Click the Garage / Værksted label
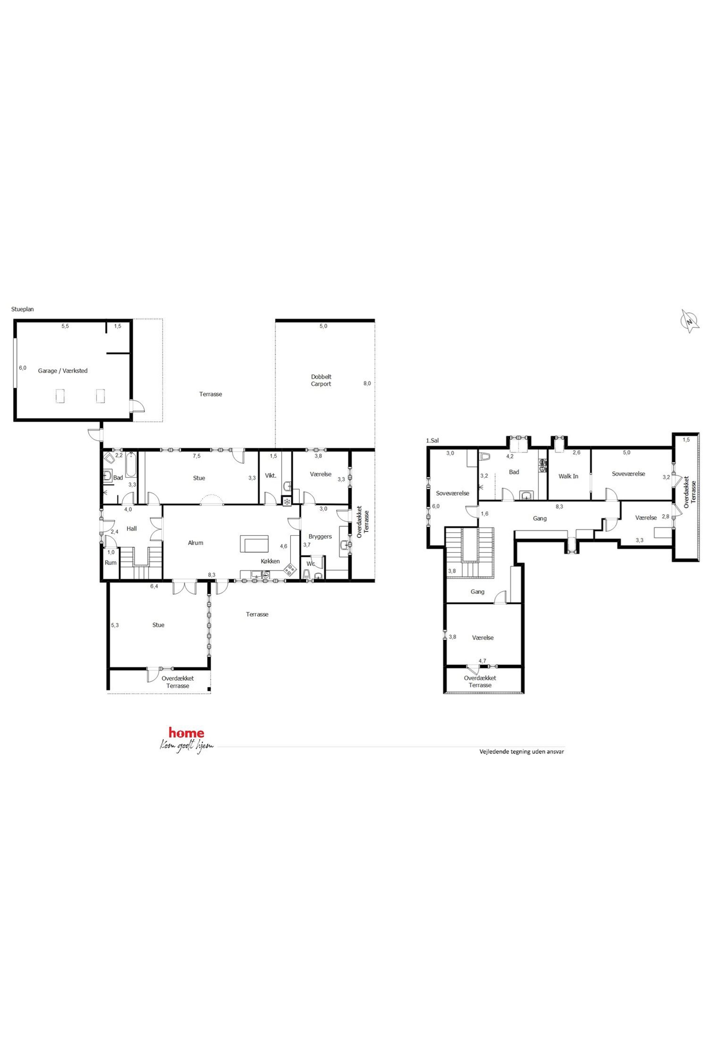tap(63, 371)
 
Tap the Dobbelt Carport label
tap(321, 380)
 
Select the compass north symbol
tap(689, 322)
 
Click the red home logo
tap(186, 733)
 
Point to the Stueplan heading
tap(22, 309)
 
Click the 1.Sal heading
tap(432, 440)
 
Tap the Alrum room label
tap(196, 543)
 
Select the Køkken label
tap(270, 561)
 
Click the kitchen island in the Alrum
tap(254, 543)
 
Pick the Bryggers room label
tap(320, 536)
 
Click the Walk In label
tap(568, 476)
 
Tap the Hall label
tap(131, 528)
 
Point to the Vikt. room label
tap(270, 475)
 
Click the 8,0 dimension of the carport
tap(367, 383)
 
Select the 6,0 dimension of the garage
tap(22, 368)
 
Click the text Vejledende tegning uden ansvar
tap(521, 752)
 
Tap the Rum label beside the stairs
tap(111, 563)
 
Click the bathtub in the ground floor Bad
tap(131, 465)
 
